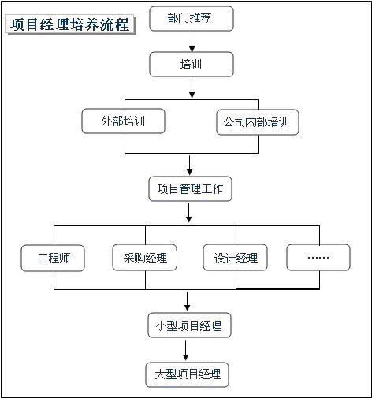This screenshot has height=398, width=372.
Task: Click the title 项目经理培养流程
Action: click(x=70, y=24)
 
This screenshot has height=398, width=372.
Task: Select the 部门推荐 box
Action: click(x=192, y=18)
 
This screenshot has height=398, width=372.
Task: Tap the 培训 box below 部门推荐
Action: click(x=192, y=64)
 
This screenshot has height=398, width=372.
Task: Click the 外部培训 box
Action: click(x=123, y=121)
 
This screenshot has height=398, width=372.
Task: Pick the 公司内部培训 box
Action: click(x=258, y=122)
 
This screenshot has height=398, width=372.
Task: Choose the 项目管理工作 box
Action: click(x=190, y=189)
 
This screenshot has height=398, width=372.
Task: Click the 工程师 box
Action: click(x=53, y=258)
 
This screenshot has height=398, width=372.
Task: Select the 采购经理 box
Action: click(x=144, y=258)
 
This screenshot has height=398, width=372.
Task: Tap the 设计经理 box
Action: click(x=236, y=258)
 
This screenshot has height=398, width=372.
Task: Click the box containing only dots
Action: click(x=318, y=258)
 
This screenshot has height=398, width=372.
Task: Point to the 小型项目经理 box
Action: click(x=189, y=325)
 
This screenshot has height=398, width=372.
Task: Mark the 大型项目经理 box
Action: click(x=188, y=374)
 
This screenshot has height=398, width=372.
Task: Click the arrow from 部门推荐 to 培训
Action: click(x=192, y=42)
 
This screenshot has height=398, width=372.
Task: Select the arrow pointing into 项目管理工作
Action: click(x=189, y=166)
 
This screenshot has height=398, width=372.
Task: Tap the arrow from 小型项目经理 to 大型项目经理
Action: click(x=186, y=351)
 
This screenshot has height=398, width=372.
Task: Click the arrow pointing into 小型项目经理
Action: click(x=187, y=301)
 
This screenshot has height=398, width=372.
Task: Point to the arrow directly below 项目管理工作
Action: click(x=188, y=213)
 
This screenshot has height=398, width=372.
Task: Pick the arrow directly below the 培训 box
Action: click(x=192, y=89)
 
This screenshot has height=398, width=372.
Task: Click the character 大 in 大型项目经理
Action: click(x=160, y=374)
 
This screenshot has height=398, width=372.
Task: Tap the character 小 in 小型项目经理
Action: click(x=162, y=325)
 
